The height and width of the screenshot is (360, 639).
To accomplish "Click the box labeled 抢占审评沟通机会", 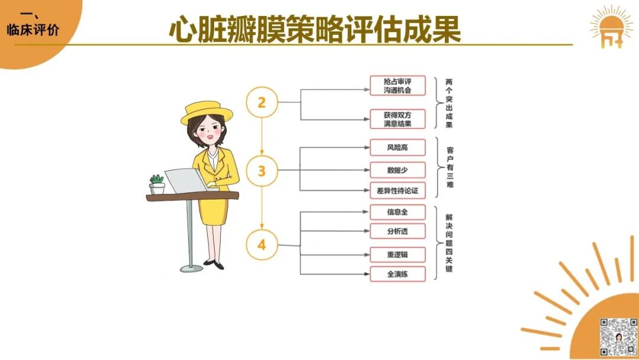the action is tap(398, 86).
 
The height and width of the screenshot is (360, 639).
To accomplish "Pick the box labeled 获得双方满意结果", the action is tap(398, 119).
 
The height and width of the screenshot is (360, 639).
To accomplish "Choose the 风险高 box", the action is tap(398, 147).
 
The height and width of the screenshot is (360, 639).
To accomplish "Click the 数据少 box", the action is tap(398, 170).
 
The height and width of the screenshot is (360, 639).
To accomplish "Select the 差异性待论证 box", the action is tap(398, 191).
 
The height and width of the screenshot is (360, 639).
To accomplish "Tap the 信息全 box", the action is tap(398, 212).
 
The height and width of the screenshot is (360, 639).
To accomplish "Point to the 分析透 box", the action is tap(398, 231).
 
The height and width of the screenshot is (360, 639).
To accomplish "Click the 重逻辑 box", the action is tap(398, 255).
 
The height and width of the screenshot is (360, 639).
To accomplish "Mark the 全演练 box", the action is tap(398, 274).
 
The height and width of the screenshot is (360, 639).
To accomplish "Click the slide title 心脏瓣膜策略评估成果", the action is tap(315, 30).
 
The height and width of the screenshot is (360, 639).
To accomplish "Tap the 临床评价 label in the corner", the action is tap(33, 30).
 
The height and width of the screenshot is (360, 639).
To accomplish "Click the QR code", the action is tap(618, 337).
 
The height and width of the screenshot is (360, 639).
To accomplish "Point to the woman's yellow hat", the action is tap(206, 112).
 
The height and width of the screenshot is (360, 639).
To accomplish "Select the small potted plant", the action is tap(157, 184).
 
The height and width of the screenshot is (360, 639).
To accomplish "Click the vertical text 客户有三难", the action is tap(450, 167).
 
